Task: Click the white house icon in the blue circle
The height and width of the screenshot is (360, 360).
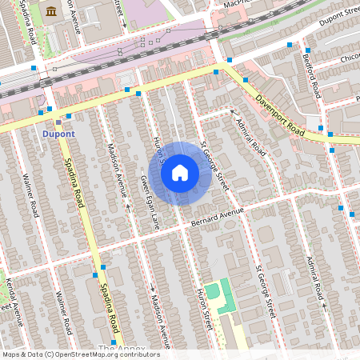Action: click(x=180, y=173)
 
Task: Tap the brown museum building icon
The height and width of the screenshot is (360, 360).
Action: click(x=52, y=11)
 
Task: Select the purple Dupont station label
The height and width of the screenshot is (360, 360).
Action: click(x=58, y=134)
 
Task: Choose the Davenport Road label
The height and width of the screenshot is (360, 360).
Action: click(x=281, y=117)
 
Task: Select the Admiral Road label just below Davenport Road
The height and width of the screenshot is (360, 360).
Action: click(x=251, y=138)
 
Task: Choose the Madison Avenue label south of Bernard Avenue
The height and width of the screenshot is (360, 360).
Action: click(x=159, y=316)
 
